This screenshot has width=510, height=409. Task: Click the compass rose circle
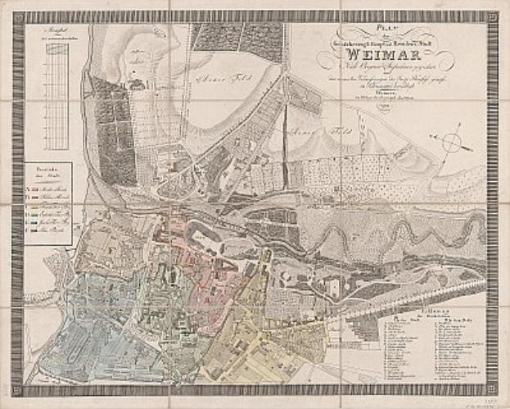[x=452, y=143]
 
